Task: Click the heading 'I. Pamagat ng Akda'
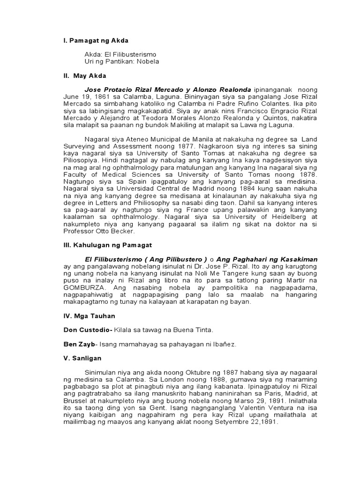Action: [x=96, y=41]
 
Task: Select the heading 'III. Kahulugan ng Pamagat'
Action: [x=107, y=245]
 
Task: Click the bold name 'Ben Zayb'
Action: [x=78, y=345]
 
